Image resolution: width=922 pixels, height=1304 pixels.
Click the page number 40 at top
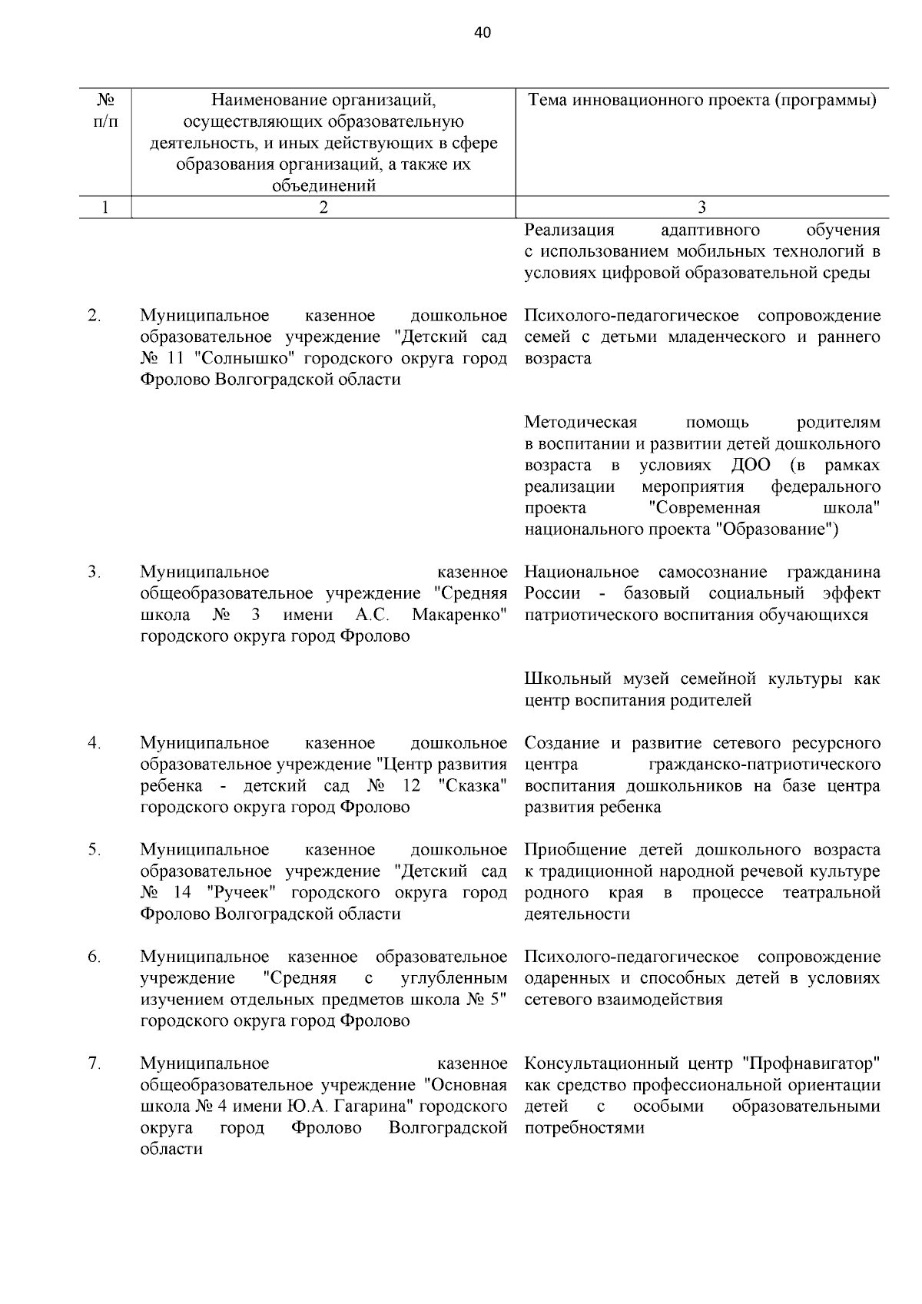483,32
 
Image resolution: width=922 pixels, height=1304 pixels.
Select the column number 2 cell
323,207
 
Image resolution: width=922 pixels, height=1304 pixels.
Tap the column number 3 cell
701,207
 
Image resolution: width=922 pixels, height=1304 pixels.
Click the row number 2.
94,316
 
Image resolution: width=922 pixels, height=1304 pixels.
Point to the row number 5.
94,850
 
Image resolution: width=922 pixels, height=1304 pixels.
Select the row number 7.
94,1063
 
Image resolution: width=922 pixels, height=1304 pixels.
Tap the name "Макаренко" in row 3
459,616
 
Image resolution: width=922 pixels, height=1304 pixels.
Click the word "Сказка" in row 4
472,786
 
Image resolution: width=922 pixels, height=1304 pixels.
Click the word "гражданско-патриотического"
764,765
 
